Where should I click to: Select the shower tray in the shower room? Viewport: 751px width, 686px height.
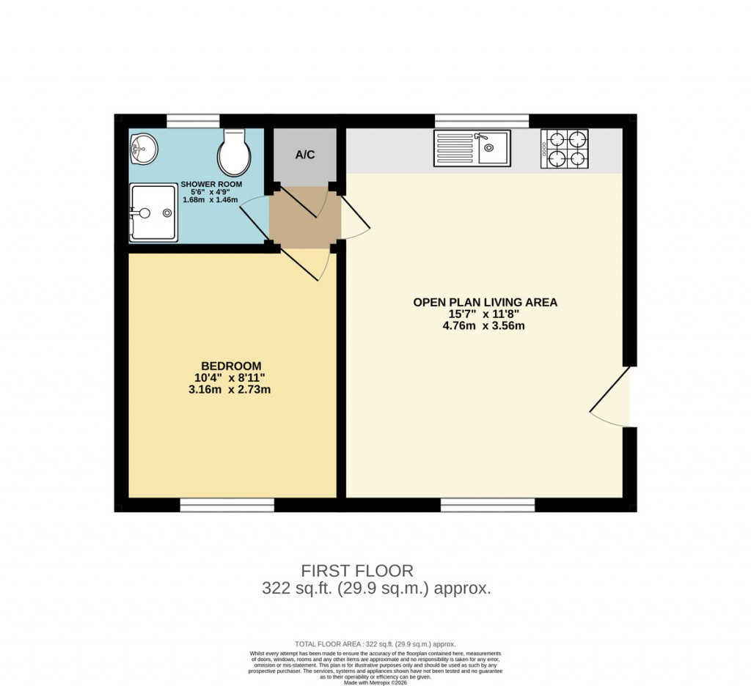click(153, 213)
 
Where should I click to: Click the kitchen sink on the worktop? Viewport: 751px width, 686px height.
click(472, 149)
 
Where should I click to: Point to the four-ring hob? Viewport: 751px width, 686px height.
click(564, 149)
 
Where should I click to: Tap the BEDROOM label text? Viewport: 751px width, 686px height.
click(231, 366)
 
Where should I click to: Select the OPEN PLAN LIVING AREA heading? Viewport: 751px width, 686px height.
click(485, 302)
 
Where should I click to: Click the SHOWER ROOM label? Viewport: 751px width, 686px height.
click(211, 184)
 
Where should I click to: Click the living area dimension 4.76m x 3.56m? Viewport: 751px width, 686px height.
click(485, 325)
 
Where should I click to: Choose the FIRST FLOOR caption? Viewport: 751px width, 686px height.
click(357, 570)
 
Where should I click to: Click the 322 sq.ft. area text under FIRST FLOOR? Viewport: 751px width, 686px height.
click(375, 588)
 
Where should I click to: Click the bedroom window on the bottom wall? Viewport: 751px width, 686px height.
click(227, 505)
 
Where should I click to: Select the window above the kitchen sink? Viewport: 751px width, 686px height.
click(482, 121)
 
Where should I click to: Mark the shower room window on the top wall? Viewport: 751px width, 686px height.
click(193, 121)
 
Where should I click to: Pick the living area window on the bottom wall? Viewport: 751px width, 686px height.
click(488, 505)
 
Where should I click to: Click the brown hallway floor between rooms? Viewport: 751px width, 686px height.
click(304, 218)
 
